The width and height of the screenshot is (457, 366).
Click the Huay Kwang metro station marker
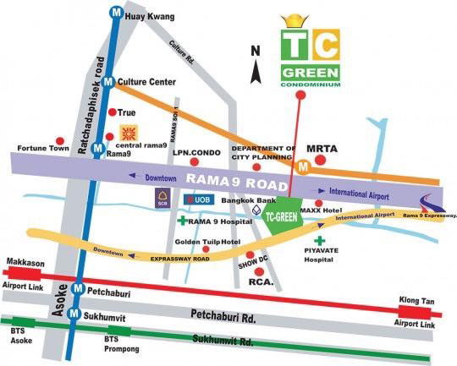[x=114, y=13]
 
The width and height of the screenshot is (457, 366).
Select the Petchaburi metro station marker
[x=79, y=289]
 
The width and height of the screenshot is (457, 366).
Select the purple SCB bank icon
[x=162, y=199]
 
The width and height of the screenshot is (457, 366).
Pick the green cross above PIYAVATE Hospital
[x=319, y=242]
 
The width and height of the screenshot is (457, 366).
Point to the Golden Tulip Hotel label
[x=204, y=242]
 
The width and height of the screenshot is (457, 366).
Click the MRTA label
[x=322, y=149]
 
